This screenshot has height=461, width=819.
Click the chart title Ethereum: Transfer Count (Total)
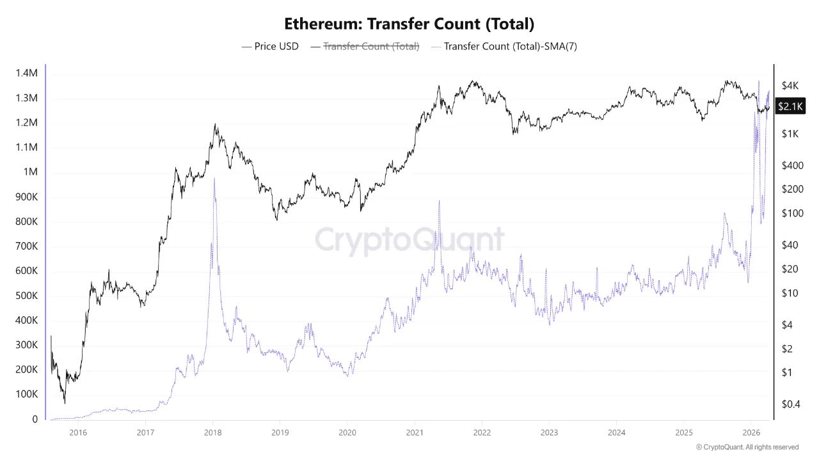coord(409,24)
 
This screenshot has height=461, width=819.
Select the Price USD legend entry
coord(270,46)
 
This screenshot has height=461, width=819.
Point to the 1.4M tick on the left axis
coord(26,74)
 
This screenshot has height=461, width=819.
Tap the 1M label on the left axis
coord(30,172)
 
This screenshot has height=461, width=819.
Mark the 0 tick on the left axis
coord(35,419)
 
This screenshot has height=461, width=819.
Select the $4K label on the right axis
coord(790,86)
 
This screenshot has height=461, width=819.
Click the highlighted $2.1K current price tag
coord(790,106)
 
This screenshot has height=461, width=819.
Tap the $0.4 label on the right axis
coord(791,403)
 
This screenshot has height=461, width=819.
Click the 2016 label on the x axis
coord(78,432)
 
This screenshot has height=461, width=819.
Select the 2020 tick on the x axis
coord(347,432)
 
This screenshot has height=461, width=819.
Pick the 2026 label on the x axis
coord(752,432)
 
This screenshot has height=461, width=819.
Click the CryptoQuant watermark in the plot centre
coord(409,240)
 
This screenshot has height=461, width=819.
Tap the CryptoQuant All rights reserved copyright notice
coord(747,447)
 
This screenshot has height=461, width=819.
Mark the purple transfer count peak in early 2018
coord(214,179)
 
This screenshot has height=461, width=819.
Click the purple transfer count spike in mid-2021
coord(439,201)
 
